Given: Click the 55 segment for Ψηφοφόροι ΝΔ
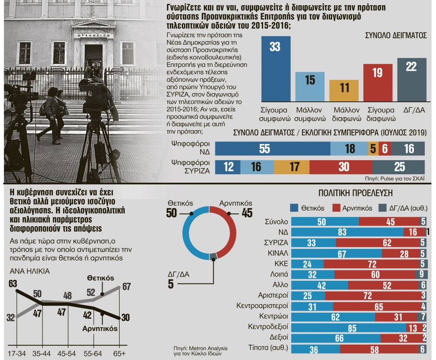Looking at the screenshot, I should click(x=273, y=148).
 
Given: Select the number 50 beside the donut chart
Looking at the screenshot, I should click(x=172, y=213).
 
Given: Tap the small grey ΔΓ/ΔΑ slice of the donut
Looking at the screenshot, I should click(x=213, y=256).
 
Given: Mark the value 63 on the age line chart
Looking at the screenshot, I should click(x=12, y=283).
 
